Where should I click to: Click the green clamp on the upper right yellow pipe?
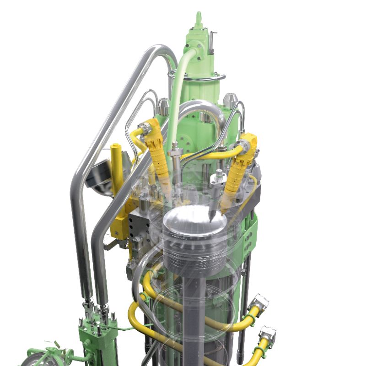tap(250, 316)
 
